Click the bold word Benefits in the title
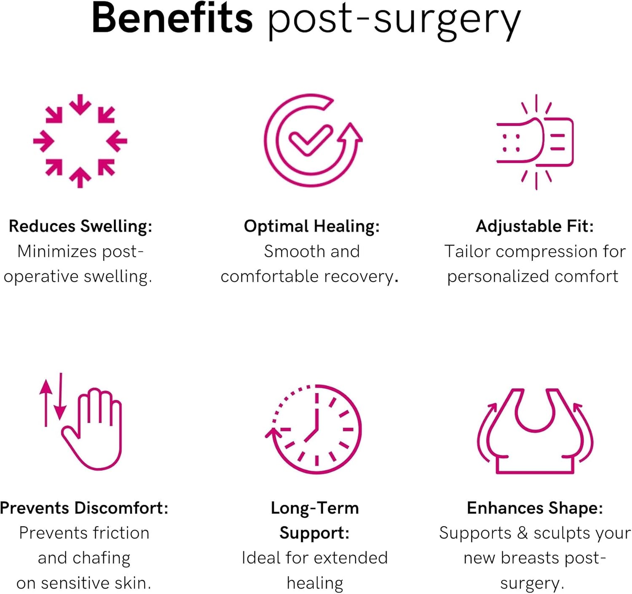(172, 19)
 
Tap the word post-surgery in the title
(394, 21)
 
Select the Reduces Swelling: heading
(80, 226)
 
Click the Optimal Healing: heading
(312, 226)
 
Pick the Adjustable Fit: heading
(535, 226)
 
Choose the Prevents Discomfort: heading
(84, 508)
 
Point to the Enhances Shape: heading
(535, 508)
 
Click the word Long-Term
(315, 508)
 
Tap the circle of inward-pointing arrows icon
(80, 141)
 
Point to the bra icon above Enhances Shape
(535, 430)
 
